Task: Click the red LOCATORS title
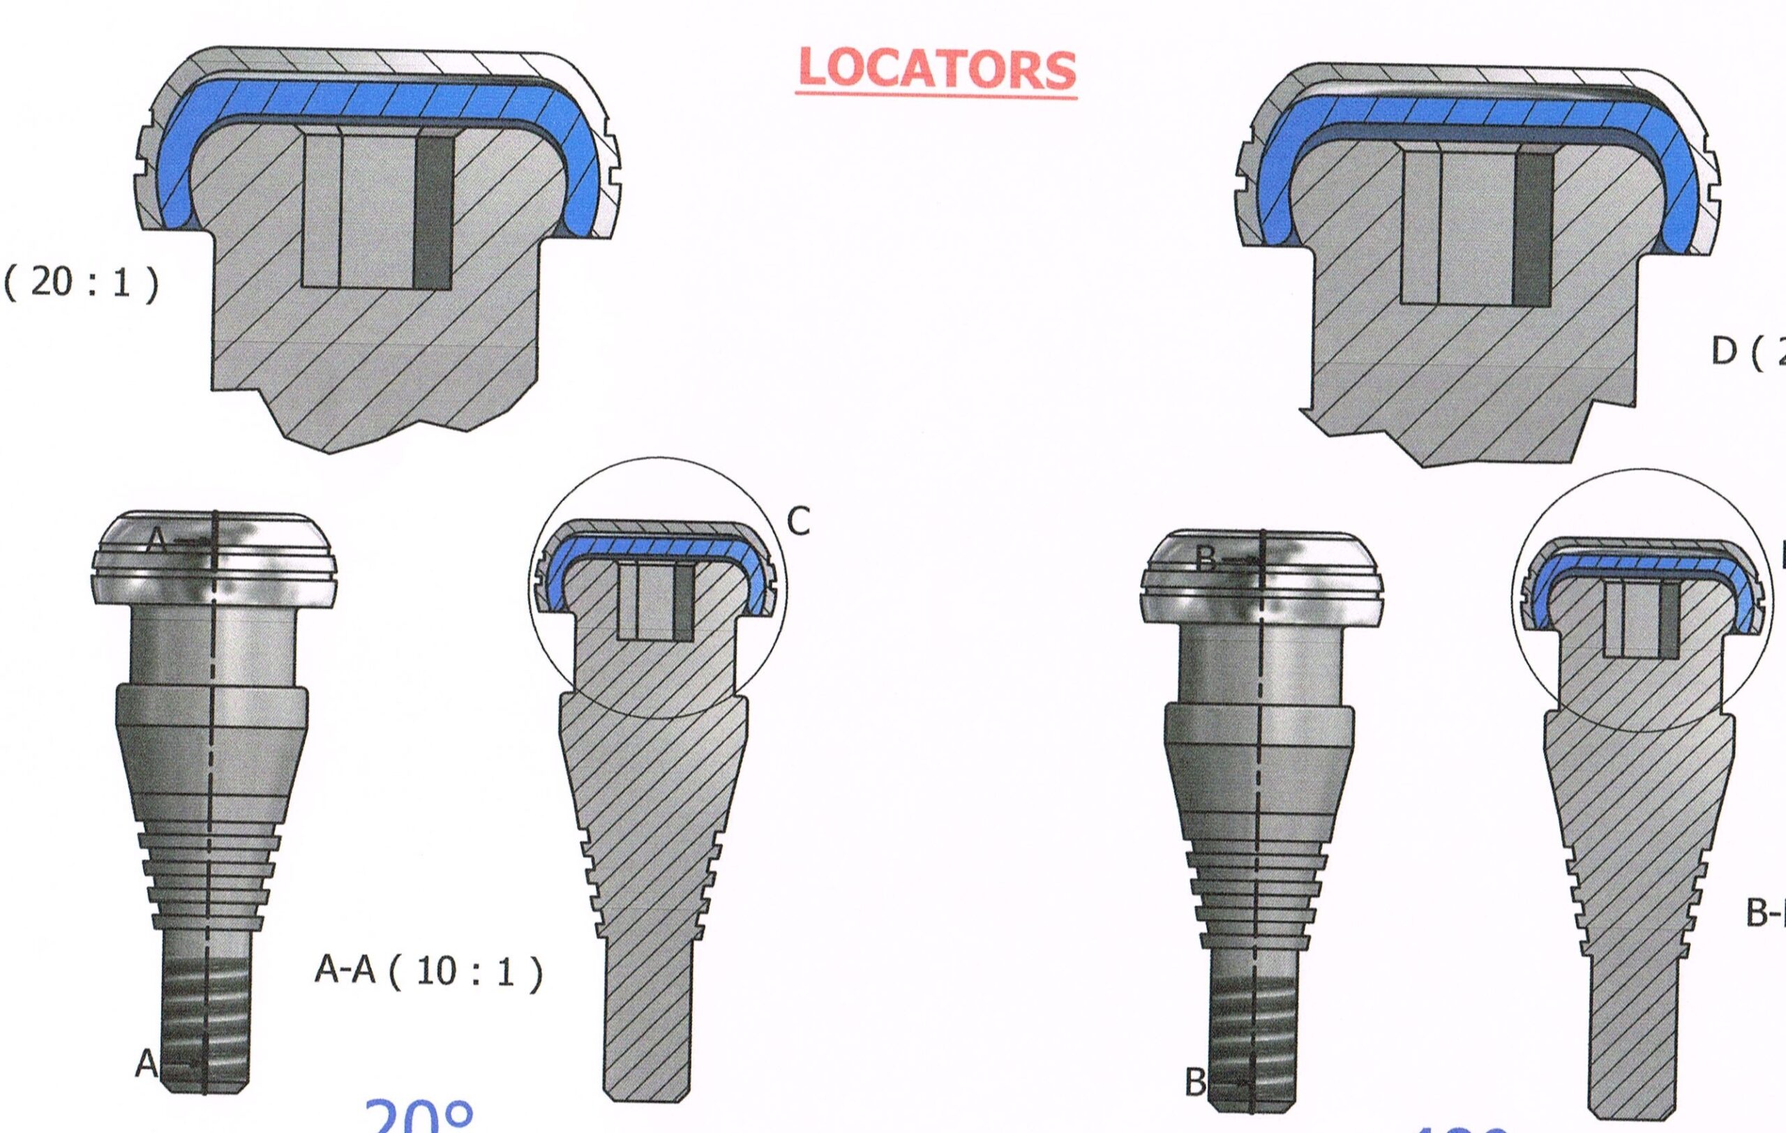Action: (937, 69)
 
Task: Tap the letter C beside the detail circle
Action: (798, 523)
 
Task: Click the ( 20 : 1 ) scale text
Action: (82, 283)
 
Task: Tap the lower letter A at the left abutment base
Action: (147, 1065)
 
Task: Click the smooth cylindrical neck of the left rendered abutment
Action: (213, 645)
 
